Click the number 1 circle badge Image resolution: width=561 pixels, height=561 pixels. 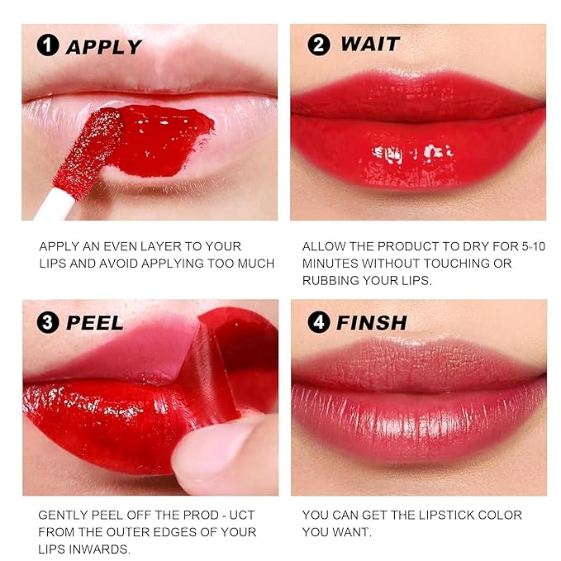(50, 46)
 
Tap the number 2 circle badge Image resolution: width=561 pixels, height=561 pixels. (318, 45)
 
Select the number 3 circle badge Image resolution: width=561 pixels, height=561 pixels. (50, 322)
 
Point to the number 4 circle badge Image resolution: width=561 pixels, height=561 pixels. (318, 322)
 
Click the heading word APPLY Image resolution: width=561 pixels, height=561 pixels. (103, 46)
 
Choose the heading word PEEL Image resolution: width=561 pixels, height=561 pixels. (95, 322)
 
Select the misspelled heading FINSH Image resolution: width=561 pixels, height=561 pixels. (371, 322)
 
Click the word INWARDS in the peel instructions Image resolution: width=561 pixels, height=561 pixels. (98, 549)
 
